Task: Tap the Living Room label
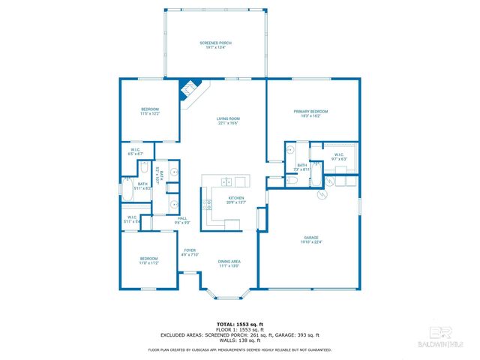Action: pos(228,121)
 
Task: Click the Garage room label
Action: pos(310,239)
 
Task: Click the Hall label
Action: pos(181,220)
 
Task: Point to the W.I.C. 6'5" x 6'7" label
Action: pos(136,153)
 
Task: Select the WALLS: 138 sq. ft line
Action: pos(239,341)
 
